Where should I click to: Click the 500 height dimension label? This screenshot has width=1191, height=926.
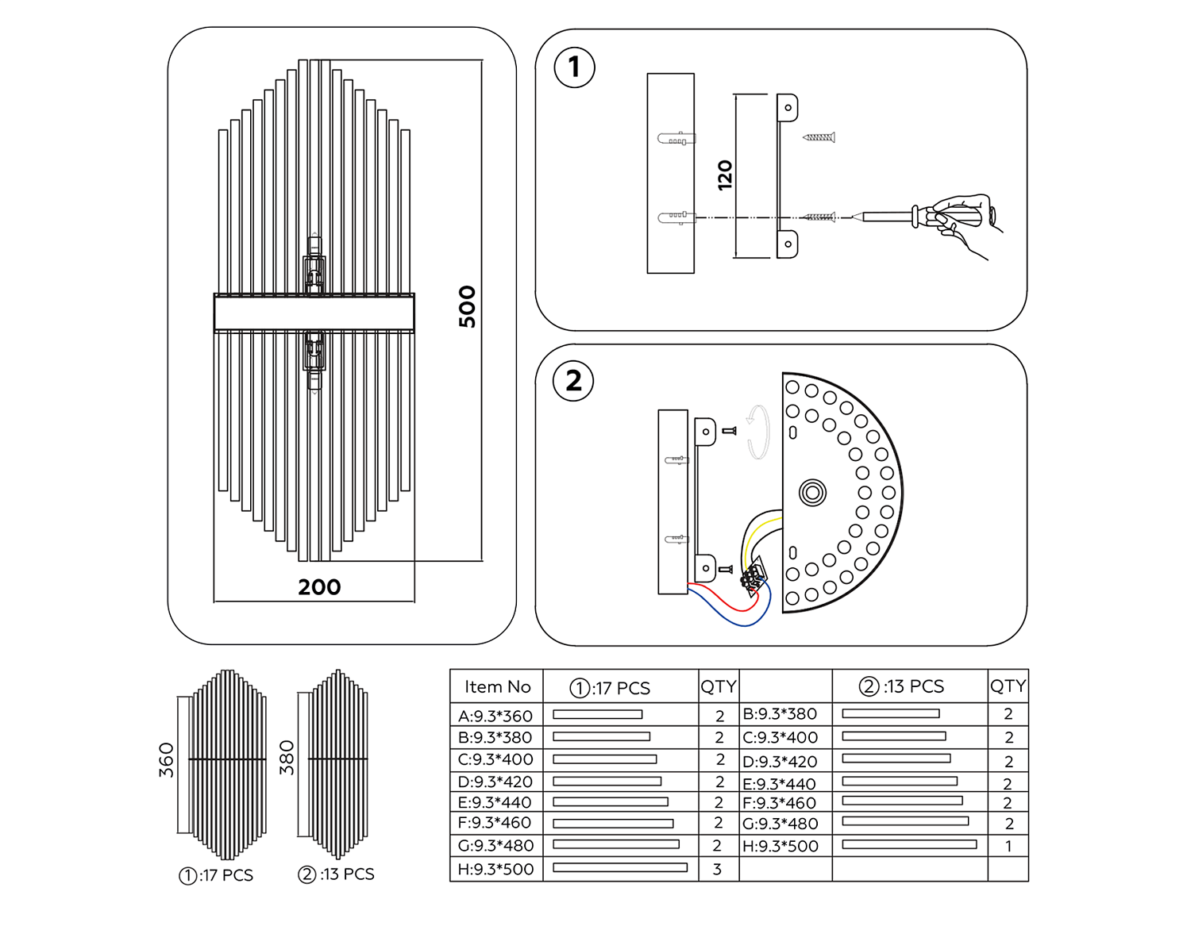click(x=467, y=306)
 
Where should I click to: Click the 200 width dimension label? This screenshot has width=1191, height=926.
click(x=319, y=587)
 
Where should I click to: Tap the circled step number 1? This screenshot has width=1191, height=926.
click(x=574, y=67)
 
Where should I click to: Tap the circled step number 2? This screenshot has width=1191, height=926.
click(x=573, y=381)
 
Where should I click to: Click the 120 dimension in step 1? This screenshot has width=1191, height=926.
click(x=725, y=175)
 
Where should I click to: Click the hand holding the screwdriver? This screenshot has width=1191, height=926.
click(x=965, y=218)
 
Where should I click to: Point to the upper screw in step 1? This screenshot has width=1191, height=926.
click(x=819, y=137)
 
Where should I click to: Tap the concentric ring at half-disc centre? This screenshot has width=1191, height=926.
click(x=811, y=493)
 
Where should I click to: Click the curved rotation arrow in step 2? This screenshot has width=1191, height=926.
click(x=759, y=432)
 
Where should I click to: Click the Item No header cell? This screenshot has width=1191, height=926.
click(x=497, y=687)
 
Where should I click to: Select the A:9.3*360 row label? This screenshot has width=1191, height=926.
click(x=495, y=716)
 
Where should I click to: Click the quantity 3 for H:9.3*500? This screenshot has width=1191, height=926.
click(x=717, y=870)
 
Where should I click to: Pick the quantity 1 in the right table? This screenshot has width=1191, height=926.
click(x=1008, y=847)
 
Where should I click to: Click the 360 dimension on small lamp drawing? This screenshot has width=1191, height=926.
click(x=166, y=760)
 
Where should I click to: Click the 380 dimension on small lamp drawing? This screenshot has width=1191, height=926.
click(x=287, y=758)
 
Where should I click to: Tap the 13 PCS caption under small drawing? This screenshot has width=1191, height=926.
click(x=337, y=874)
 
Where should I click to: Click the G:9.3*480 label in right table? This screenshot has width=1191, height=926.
click(x=780, y=824)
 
